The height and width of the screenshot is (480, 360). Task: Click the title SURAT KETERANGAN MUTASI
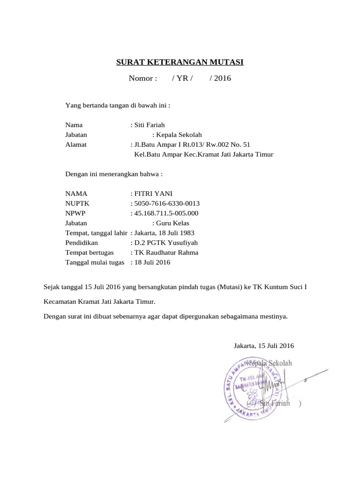[x=180, y=62]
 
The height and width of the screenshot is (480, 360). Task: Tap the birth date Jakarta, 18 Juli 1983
[x=164, y=233]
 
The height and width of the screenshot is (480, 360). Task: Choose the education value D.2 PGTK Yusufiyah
[x=166, y=243]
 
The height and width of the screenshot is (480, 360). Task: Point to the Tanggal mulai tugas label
[x=95, y=262]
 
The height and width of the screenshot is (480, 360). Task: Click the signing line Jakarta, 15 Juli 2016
[x=263, y=346]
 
